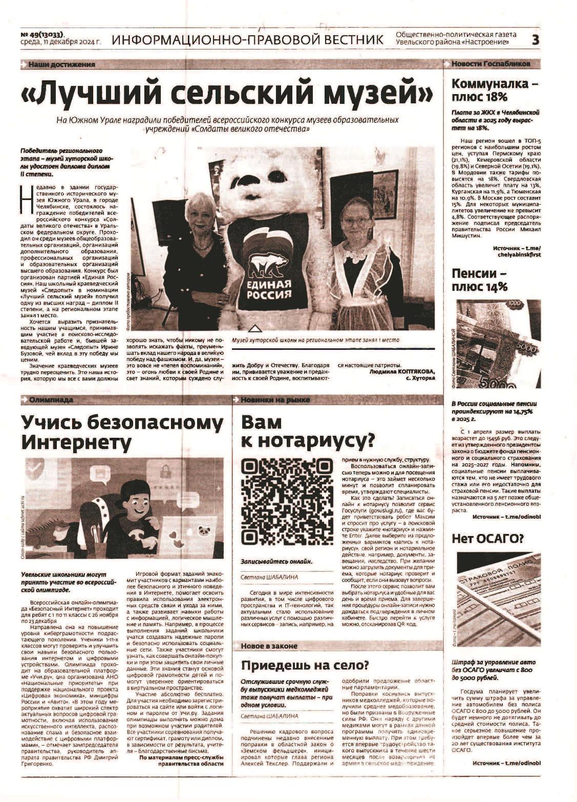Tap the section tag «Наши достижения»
click(x=61, y=64)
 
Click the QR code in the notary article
click(x=287, y=502)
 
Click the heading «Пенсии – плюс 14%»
click(x=479, y=280)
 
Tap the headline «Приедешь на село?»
click(x=305, y=665)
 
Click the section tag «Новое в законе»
click(x=269, y=646)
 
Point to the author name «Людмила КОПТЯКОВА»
click(x=401, y=371)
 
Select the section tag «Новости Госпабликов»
click(x=490, y=64)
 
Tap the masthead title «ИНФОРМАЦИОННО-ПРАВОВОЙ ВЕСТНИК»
click(x=247, y=39)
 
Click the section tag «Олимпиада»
click(x=51, y=399)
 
